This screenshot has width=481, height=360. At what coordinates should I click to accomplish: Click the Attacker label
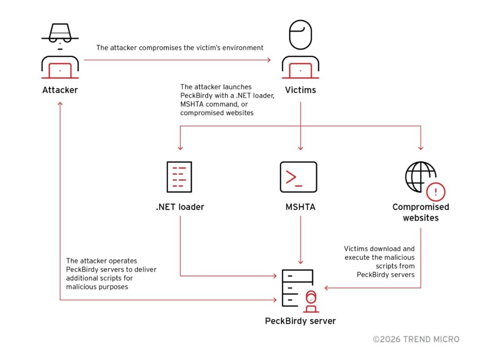pos(60,89)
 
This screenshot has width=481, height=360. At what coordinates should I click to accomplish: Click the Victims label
pos(300,89)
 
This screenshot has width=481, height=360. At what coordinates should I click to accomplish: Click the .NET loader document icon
pos(179,176)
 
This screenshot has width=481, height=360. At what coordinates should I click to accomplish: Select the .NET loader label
pos(180,207)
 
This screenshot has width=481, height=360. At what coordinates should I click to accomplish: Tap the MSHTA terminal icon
pos(298,176)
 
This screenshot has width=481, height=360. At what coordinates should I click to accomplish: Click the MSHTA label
pos(300,207)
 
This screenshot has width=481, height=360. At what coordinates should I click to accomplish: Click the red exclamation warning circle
pos(435,191)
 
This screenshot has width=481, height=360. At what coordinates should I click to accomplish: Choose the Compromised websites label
pos(420,212)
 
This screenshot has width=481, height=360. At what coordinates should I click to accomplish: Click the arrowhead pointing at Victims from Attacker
pos(269,60)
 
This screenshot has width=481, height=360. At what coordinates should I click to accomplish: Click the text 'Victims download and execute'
pos(379,253)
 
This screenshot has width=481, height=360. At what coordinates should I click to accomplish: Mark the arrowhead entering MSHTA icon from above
pos(300,147)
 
